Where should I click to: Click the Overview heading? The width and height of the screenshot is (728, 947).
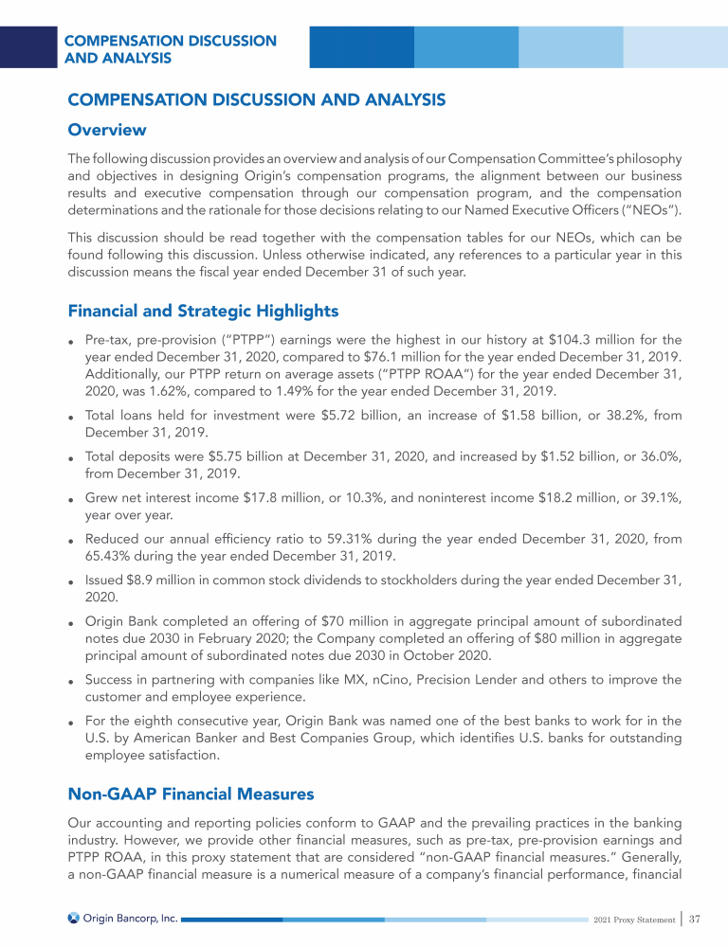click(x=106, y=129)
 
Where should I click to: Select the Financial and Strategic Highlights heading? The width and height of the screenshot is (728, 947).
click(x=203, y=310)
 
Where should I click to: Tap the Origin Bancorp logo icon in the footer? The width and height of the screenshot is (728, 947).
click(x=73, y=919)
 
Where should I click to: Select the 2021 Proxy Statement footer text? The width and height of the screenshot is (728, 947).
click(x=634, y=920)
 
